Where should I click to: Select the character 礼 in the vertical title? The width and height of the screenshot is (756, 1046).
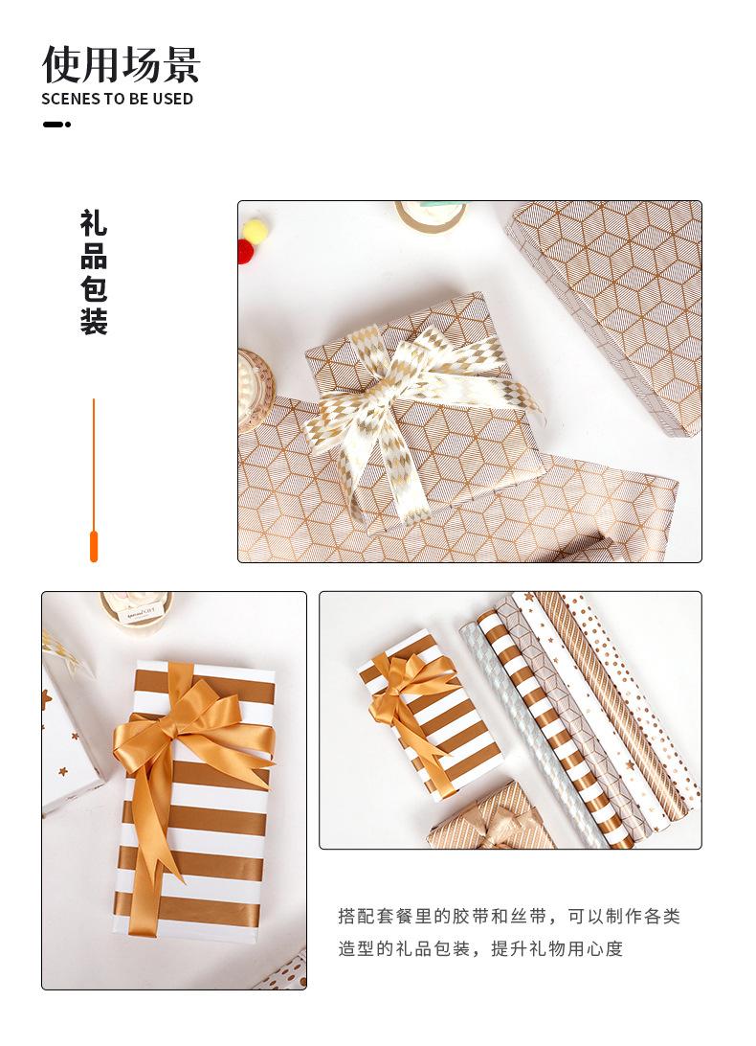click(x=94, y=224)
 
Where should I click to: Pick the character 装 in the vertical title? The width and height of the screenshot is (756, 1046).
click(x=94, y=321)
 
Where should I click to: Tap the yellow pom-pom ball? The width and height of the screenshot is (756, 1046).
click(x=255, y=229)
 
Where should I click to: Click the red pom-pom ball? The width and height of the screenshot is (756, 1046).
click(x=244, y=251)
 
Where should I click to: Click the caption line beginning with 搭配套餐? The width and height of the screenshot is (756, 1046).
click(x=508, y=916)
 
